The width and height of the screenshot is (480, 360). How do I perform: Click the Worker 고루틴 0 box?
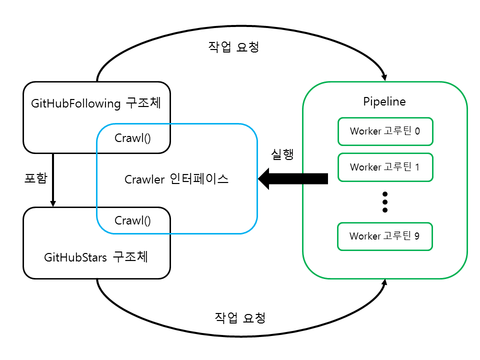(x=385, y=131)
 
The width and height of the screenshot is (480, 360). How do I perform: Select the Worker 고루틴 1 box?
(x=385, y=167)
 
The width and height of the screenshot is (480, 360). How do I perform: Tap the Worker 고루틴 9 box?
(x=385, y=236)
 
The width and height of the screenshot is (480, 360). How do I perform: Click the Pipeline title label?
(x=384, y=101)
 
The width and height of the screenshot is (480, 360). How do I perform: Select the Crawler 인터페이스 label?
(x=176, y=179)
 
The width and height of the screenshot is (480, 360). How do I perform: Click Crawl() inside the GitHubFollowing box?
(x=132, y=138)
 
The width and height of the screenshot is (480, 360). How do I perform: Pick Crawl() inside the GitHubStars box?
(x=132, y=220)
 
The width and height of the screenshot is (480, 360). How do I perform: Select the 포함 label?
(x=38, y=178)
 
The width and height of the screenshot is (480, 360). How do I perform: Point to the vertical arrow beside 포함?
(x=53, y=180)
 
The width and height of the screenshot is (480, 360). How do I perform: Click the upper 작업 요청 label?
(x=233, y=47)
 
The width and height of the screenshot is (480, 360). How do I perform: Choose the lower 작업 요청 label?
(x=240, y=317)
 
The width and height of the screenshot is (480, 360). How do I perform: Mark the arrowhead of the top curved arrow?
(x=384, y=76)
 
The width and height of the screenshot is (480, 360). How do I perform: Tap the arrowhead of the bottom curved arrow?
(x=384, y=283)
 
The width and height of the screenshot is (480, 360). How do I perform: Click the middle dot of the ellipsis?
(x=384, y=201)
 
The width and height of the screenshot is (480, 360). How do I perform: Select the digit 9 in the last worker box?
(x=417, y=236)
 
